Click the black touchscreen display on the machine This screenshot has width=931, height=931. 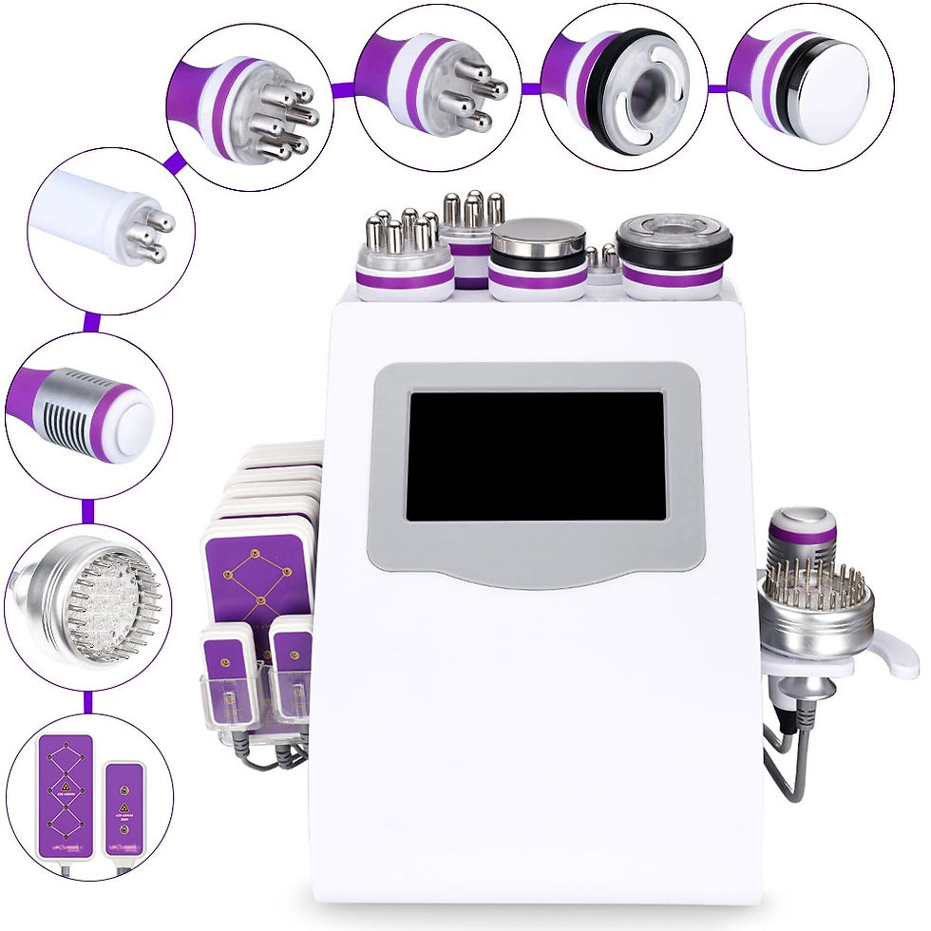pyautogui.click(x=535, y=456)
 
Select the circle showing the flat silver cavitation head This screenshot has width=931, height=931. pyautogui.click(x=810, y=87)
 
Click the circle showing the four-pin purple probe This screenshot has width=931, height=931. pyautogui.click(x=438, y=87)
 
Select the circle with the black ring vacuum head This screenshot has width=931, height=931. pyautogui.click(x=624, y=87)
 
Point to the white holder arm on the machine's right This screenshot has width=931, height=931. pyautogui.click(x=888, y=655)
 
